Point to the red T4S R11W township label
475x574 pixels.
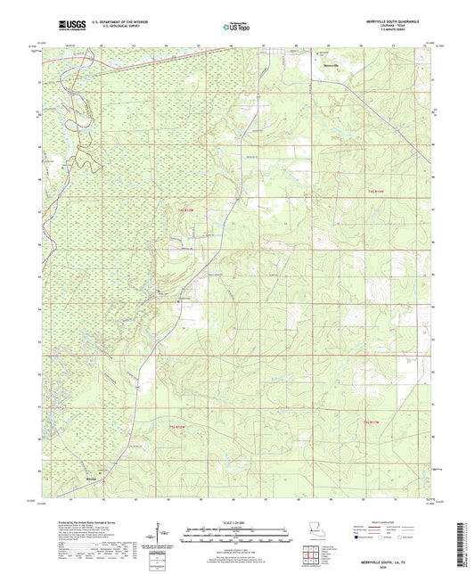tap(380, 191)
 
